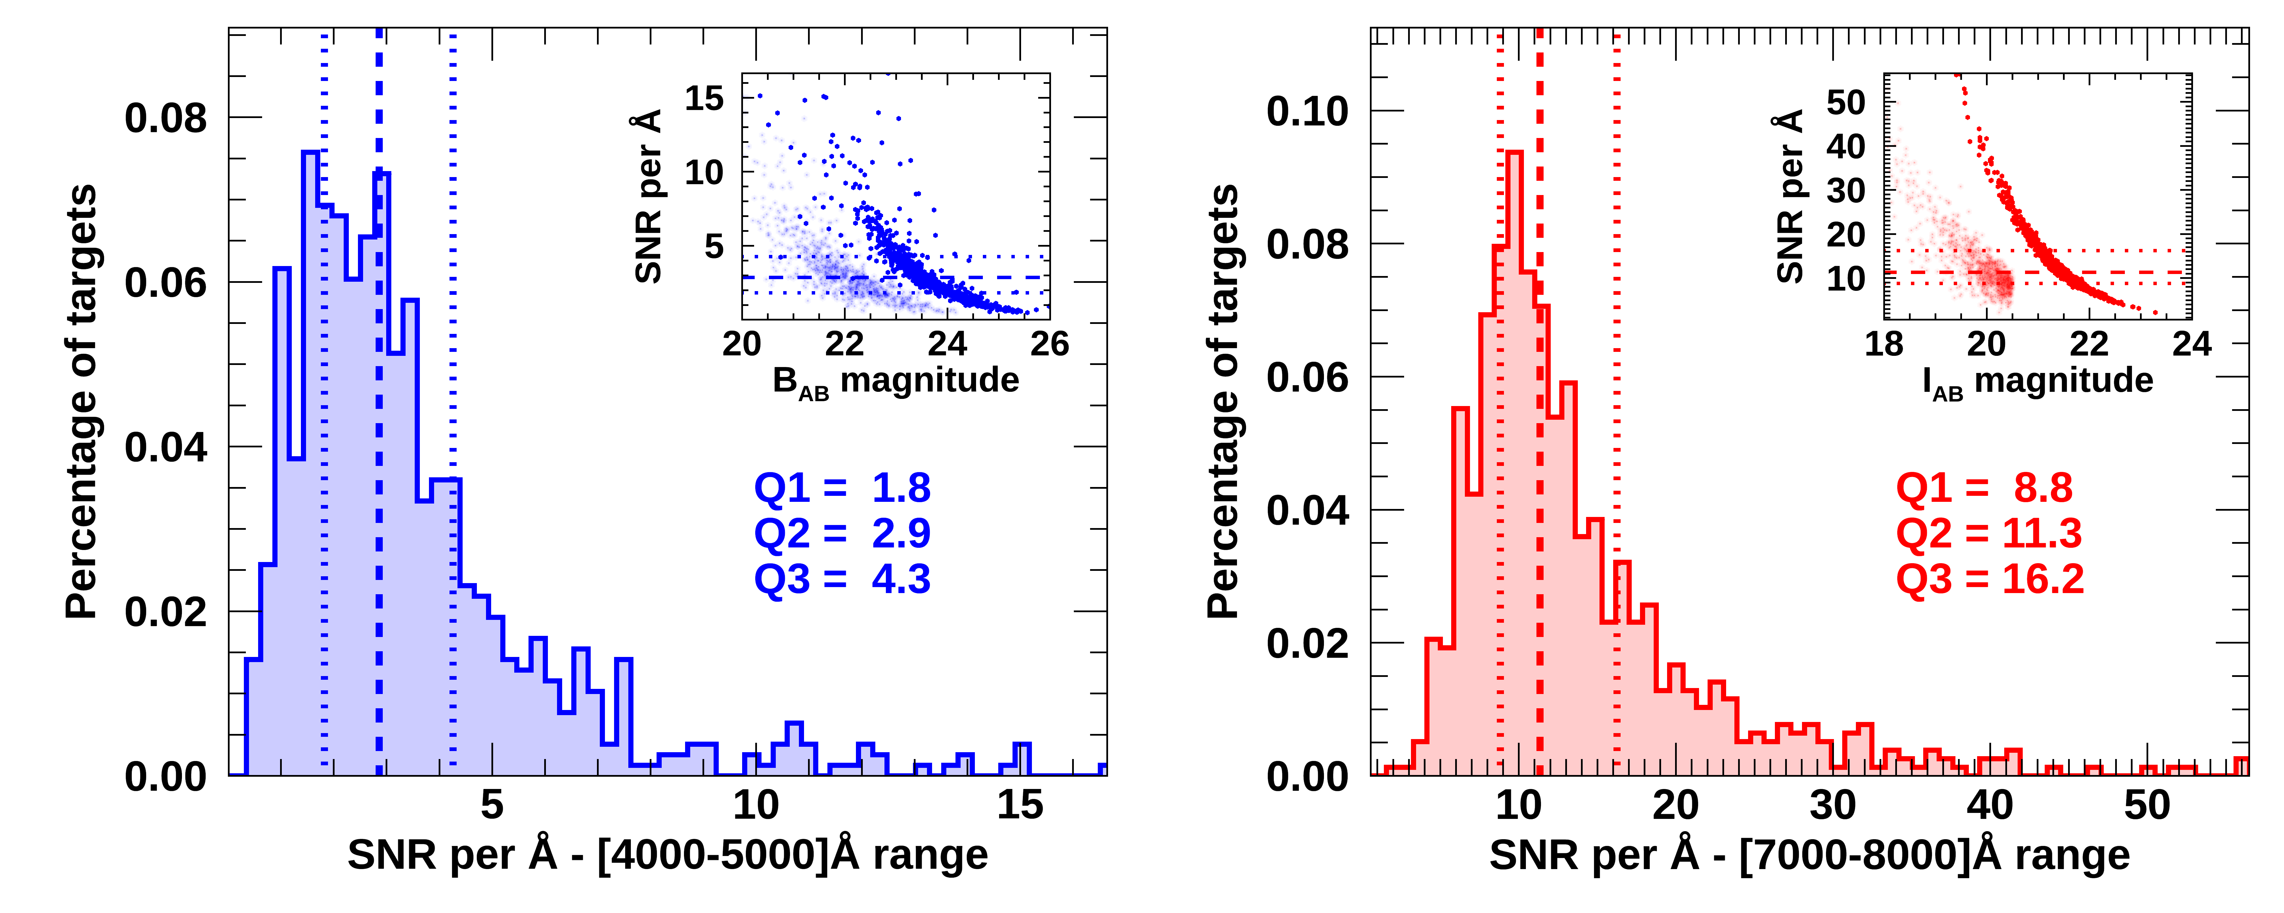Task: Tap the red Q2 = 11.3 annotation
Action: (x=1989, y=533)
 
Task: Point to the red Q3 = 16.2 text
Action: (x=1989, y=579)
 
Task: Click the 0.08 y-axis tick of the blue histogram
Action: (x=166, y=118)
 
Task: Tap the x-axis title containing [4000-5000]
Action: (x=667, y=855)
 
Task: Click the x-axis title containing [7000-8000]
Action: (x=1809, y=855)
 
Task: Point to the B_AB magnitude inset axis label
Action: (x=896, y=381)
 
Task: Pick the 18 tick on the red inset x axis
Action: (x=1884, y=344)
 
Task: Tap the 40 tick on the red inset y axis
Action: (x=1846, y=146)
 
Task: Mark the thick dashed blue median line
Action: (x=380, y=443)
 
